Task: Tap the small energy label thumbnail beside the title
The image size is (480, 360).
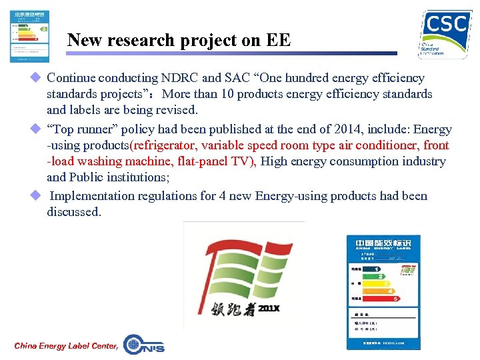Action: (30, 37)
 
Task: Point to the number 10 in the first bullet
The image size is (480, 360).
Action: (235, 95)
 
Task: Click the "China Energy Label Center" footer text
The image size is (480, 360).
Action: (66, 345)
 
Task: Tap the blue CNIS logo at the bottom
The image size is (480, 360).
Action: (144, 344)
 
